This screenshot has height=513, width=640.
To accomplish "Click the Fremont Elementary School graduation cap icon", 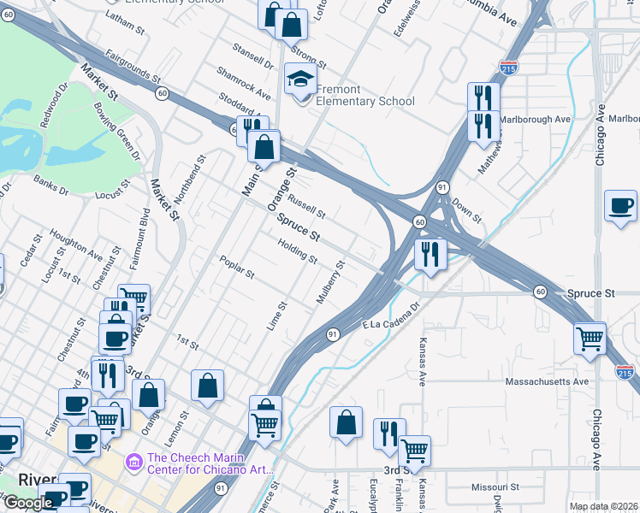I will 300,81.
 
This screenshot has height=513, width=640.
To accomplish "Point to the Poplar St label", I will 236,268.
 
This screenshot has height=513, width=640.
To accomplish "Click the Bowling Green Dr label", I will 116,132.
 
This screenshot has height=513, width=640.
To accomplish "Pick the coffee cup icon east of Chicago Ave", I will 620,207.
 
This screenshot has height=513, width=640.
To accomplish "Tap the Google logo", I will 27,503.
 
